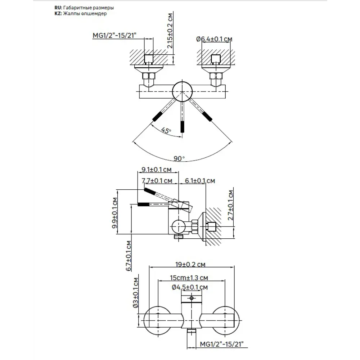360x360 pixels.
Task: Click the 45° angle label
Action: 166,130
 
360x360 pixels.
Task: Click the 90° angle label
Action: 179,158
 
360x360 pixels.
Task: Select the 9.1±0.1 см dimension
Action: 157,169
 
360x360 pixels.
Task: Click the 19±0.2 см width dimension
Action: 191,265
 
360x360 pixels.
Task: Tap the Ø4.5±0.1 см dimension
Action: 190,287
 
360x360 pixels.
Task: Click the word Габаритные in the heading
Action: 78,8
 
